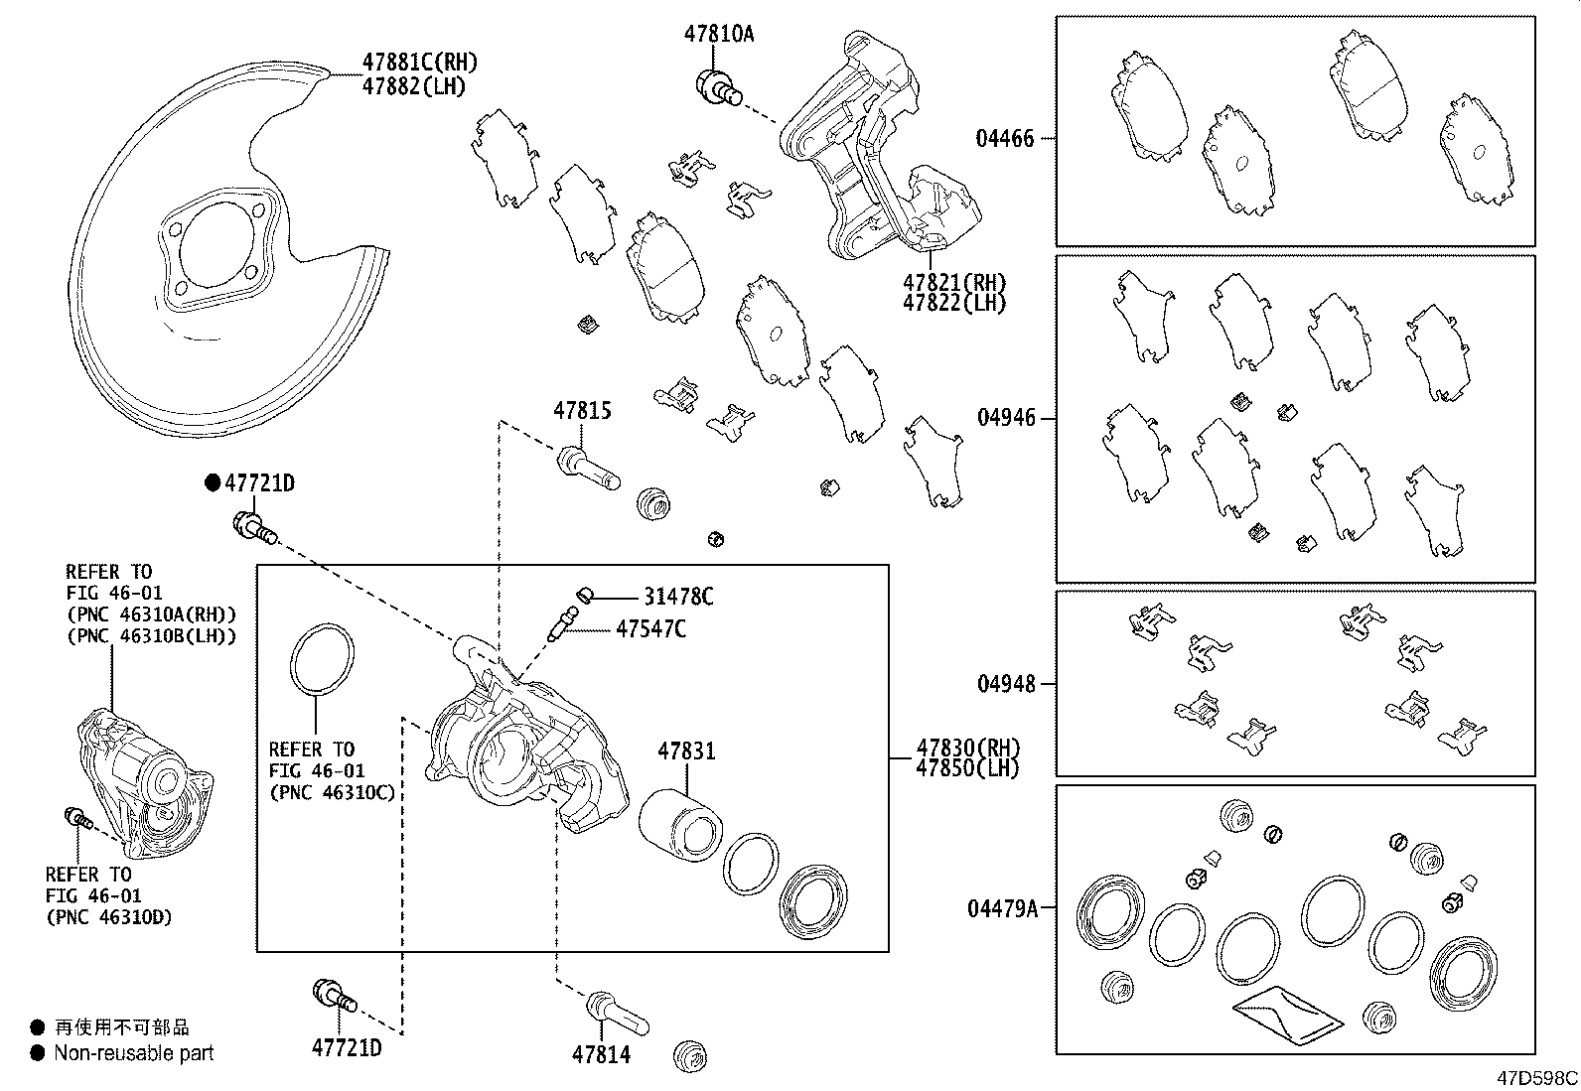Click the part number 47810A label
pyautogui.click(x=718, y=34)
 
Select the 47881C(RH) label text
pyautogui.click(x=419, y=64)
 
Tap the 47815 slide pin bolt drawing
pyautogui.click(x=589, y=469)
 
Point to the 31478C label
pyautogui.click(x=677, y=597)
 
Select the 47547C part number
pyautogui.click(x=649, y=628)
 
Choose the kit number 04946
pyautogui.click(x=1005, y=418)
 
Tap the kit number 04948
pyautogui.click(x=1005, y=684)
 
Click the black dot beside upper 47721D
pyautogui.click(x=212, y=483)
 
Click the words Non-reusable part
pyautogui.click(x=134, y=1053)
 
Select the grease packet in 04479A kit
pyautogui.click(x=1289, y=1014)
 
